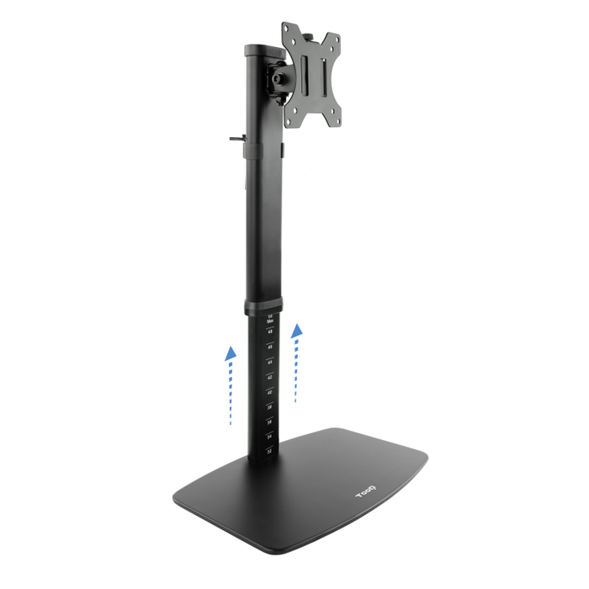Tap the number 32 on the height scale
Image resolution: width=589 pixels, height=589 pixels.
[x=269, y=451]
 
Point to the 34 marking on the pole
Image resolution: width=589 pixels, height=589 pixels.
[x=269, y=437]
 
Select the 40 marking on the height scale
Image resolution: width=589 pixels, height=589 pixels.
[x=269, y=392]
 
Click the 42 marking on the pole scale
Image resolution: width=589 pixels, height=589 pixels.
[x=269, y=377]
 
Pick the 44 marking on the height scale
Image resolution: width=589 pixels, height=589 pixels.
[x=269, y=362]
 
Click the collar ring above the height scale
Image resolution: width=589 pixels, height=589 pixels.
[x=264, y=306]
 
